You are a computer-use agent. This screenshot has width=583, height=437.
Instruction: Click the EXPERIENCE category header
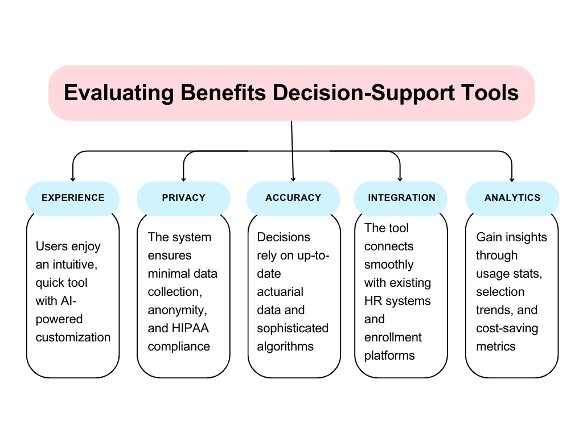click(73, 198)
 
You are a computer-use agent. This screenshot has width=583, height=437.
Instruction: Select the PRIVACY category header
click(184, 198)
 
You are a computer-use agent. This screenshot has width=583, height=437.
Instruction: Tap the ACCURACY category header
click(293, 198)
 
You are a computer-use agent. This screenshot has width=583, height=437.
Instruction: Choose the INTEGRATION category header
click(401, 198)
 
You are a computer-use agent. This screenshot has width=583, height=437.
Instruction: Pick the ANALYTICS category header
click(512, 198)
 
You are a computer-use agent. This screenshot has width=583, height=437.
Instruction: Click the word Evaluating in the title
click(118, 93)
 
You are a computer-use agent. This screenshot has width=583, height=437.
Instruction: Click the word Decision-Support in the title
click(364, 93)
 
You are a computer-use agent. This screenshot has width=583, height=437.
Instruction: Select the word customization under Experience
click(73, 337)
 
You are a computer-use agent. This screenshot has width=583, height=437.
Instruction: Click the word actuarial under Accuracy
click(280, 292)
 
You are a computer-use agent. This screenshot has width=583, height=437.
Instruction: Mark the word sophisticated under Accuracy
click(293, 328)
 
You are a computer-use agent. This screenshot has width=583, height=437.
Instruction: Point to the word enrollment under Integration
click(393, 337)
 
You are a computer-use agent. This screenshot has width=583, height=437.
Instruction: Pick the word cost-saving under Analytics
click(507, 328)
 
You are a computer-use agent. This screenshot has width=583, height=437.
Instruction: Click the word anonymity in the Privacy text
click(178, 310)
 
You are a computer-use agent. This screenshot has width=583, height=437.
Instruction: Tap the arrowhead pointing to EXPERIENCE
click(73, 179)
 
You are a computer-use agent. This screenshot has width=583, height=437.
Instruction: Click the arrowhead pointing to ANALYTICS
click(512, 179)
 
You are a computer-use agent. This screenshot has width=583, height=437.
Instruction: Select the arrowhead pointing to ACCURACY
click(293, 179)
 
